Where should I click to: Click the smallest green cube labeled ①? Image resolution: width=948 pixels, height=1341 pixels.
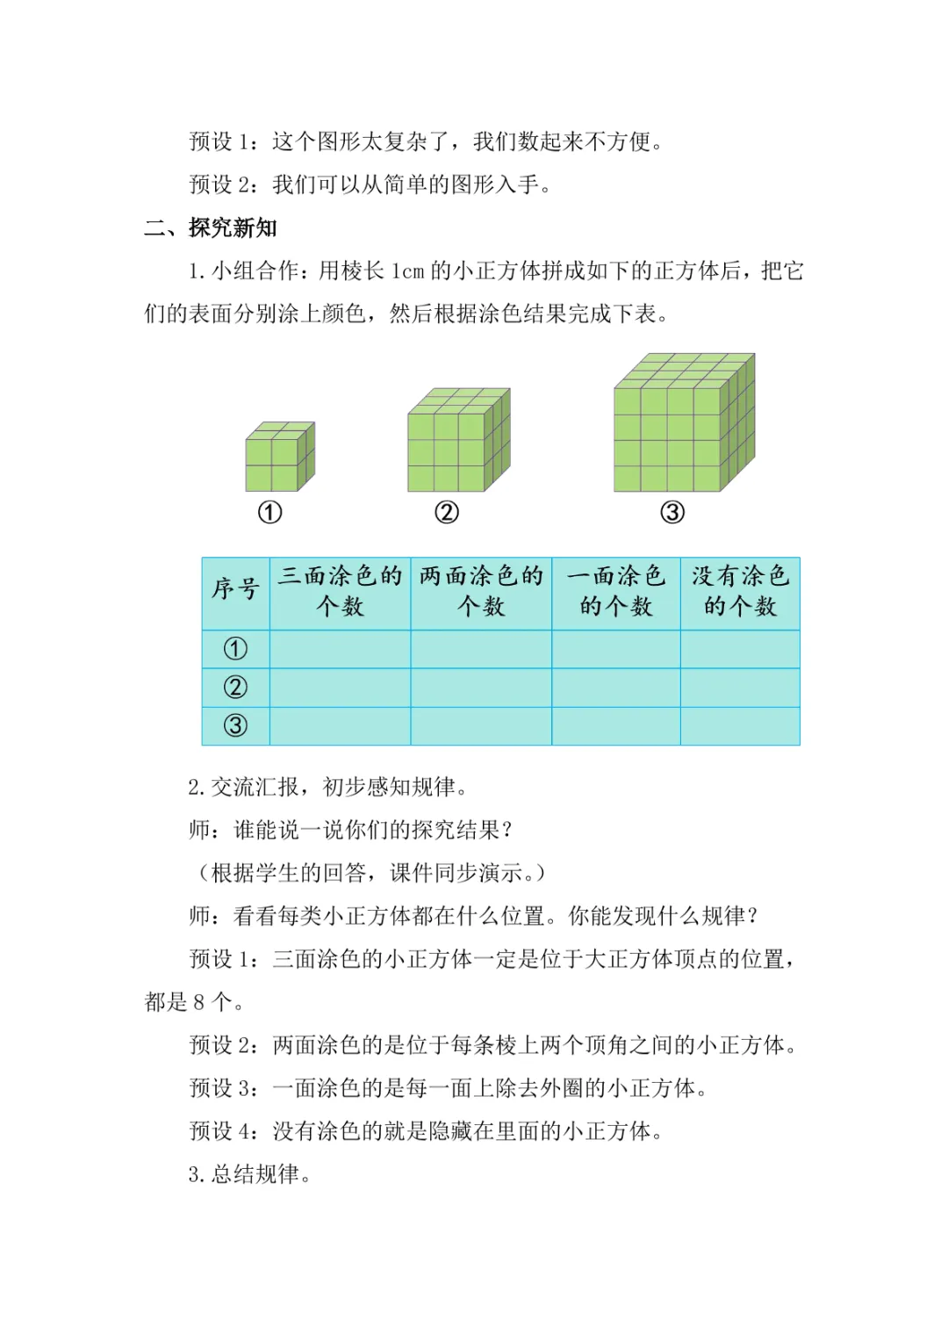tap(279, 457)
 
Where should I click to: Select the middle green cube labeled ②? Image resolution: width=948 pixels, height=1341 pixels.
tap(458, 441)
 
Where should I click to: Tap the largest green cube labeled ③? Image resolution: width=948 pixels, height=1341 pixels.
tap(683, 424)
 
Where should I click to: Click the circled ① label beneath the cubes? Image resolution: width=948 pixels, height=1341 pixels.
tap(269, 513)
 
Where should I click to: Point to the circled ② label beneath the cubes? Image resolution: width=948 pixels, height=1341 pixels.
tap(447, 513)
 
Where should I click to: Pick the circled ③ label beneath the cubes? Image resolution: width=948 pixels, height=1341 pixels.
tap(672, 513)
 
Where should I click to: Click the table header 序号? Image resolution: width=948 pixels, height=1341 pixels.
tap(235, 591)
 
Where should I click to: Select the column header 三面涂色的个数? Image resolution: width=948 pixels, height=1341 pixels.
tap(340, 591)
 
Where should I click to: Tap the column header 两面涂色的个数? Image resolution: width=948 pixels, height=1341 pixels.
tap(481, 591)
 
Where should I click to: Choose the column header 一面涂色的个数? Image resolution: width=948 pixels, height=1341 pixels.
tap(616, 591)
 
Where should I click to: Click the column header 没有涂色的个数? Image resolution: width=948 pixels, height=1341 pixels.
tap(740, 591)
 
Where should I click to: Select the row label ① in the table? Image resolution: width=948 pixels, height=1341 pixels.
tap(235, 649)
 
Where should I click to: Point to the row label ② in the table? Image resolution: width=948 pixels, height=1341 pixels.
tap(235, 688)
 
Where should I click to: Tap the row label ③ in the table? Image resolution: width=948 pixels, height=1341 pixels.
tap(235, 726)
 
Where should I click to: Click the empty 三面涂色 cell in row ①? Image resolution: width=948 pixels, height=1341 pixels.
tap(340, 649)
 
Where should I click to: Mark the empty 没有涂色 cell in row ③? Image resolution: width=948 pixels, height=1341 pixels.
tap(740, 726)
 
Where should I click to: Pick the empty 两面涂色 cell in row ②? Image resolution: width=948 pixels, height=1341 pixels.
tap(481, 688)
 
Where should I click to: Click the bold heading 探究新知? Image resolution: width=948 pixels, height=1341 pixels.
tap(233, 228)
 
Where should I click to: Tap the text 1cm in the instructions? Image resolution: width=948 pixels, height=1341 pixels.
tap(407, 271)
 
